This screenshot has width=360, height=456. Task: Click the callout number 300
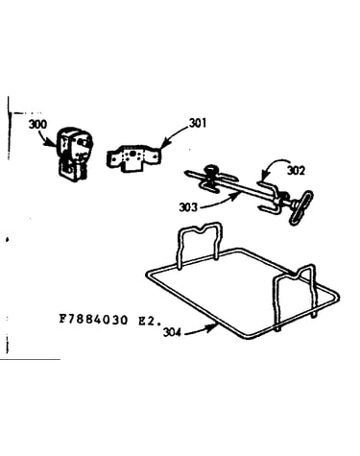[37, 124]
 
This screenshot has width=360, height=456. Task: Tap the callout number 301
[198, 123]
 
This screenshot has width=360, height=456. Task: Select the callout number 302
[296, 171]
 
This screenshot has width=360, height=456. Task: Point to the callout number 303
[188, 207]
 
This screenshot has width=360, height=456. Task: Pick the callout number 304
[172, 332]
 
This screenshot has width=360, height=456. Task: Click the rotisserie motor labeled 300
[73, 155]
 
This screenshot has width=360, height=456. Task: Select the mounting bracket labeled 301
[133, 157]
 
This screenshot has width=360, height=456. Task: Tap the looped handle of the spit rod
[300, 207]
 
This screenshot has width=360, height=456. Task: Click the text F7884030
[93, 320]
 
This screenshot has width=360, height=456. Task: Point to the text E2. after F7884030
[150, 320]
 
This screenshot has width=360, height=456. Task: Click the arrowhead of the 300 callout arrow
[55, 145]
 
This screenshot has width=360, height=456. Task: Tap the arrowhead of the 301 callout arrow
[161, 146]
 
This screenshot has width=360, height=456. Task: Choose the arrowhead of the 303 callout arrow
[238, 194]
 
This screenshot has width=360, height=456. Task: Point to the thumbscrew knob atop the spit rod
[210, 171]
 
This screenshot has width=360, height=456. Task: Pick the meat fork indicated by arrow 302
[268, 198]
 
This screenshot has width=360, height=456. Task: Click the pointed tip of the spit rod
[185, 172]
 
